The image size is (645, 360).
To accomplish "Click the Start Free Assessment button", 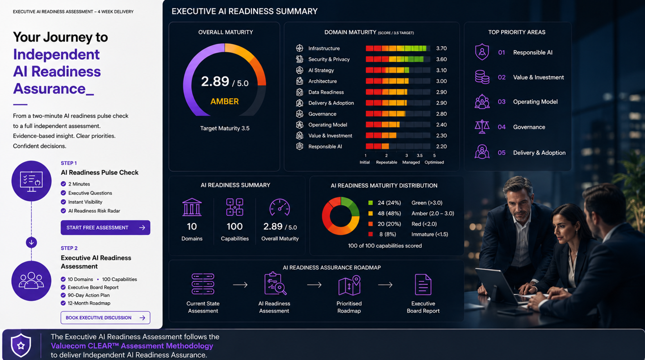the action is coord(105,228).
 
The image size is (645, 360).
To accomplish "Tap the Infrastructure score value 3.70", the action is coord(441,48).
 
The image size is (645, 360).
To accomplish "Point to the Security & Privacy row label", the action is coord(329,59).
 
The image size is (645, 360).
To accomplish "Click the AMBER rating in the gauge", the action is coord(225,101).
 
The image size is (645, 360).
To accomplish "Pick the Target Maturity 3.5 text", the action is coord(225,129).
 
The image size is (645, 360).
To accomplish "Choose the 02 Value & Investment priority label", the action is coord(531,77).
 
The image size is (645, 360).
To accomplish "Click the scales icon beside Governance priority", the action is coord(482,127).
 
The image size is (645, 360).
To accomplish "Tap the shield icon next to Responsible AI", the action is coord(482,52).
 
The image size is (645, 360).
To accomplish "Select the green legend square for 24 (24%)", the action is coord(371,203).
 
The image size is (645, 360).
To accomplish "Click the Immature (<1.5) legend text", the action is coord(430,234).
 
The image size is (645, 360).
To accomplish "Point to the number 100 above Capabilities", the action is coord(235,227).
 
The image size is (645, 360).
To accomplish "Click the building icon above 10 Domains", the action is coord(192,207).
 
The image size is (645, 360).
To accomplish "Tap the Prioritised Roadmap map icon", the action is coord(349,285).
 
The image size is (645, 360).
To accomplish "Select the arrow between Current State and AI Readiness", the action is coord(240,285).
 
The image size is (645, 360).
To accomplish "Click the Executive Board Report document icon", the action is coord(423,285).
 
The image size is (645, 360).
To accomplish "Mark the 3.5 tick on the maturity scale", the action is coord(419,156).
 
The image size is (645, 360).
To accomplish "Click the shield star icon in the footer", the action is coord(21,345).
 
